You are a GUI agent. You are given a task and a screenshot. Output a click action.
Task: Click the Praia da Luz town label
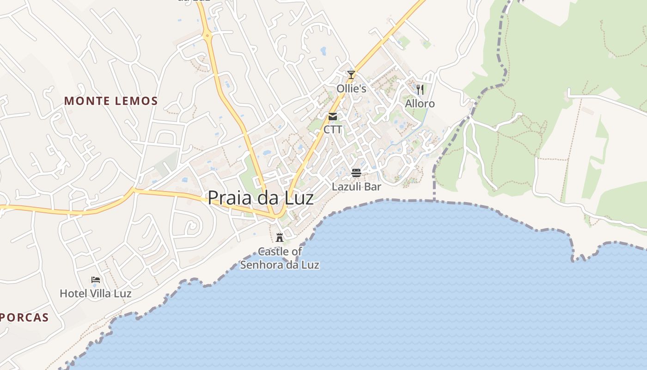click(261, 198)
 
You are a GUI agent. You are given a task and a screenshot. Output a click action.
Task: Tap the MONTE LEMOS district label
click(111, 101)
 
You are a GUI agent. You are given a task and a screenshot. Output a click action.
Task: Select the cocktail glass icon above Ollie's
click(351, 74)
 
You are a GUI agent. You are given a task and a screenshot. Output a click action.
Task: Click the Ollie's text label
click(351, 88)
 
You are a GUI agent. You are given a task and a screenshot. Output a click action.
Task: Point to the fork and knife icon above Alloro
click(420, 89)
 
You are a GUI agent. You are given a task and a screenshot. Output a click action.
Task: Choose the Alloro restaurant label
click(420, 104)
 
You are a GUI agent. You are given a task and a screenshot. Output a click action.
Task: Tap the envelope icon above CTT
click(333, 117)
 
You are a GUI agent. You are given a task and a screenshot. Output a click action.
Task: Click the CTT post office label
click(333, 129)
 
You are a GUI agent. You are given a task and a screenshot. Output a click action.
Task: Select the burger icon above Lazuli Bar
click(356, 173)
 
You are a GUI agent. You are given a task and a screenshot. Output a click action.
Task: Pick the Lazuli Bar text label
click(356, 187)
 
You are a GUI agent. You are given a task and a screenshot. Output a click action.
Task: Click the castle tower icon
click(280, 238)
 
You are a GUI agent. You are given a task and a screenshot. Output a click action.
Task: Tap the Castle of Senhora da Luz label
click(280, 259)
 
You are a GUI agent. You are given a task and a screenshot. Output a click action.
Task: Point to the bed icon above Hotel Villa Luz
click(96, 280)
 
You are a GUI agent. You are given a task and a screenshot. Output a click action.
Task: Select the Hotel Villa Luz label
click(96, 294)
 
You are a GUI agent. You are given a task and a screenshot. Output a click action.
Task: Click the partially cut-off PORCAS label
click(24, 318)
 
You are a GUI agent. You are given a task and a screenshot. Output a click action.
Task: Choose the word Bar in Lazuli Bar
click(372, 187)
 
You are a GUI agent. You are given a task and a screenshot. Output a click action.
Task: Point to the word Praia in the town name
click(227, 198)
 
